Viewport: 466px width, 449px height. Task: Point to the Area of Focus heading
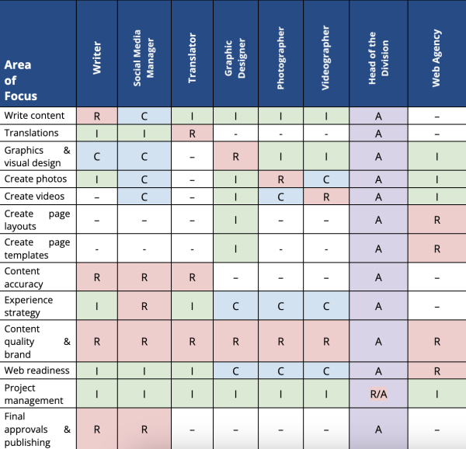click(x=21, y=81)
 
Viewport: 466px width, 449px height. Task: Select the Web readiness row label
click(x=37, y=371)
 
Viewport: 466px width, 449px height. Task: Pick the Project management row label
click(x=34, y=394)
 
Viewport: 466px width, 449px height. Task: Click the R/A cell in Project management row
click(x=378, y=394)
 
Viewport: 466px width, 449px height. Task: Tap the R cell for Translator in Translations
click(x=193, y=133)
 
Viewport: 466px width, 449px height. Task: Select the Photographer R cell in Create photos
click(x=283, y=179)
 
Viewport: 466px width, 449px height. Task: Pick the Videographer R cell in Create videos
click(x=325, y=197)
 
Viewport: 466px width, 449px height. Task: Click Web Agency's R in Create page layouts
click(x=436, y=220)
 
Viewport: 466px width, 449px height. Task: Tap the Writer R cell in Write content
click(x=97, y=116)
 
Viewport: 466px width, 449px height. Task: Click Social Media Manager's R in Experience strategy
click(x=144, y=307)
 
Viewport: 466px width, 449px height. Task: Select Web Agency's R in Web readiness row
click(x=436, y=371)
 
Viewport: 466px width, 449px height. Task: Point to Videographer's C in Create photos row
click(x=325, y=179)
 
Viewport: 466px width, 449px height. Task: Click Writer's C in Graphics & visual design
click(x=97, y=156)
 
